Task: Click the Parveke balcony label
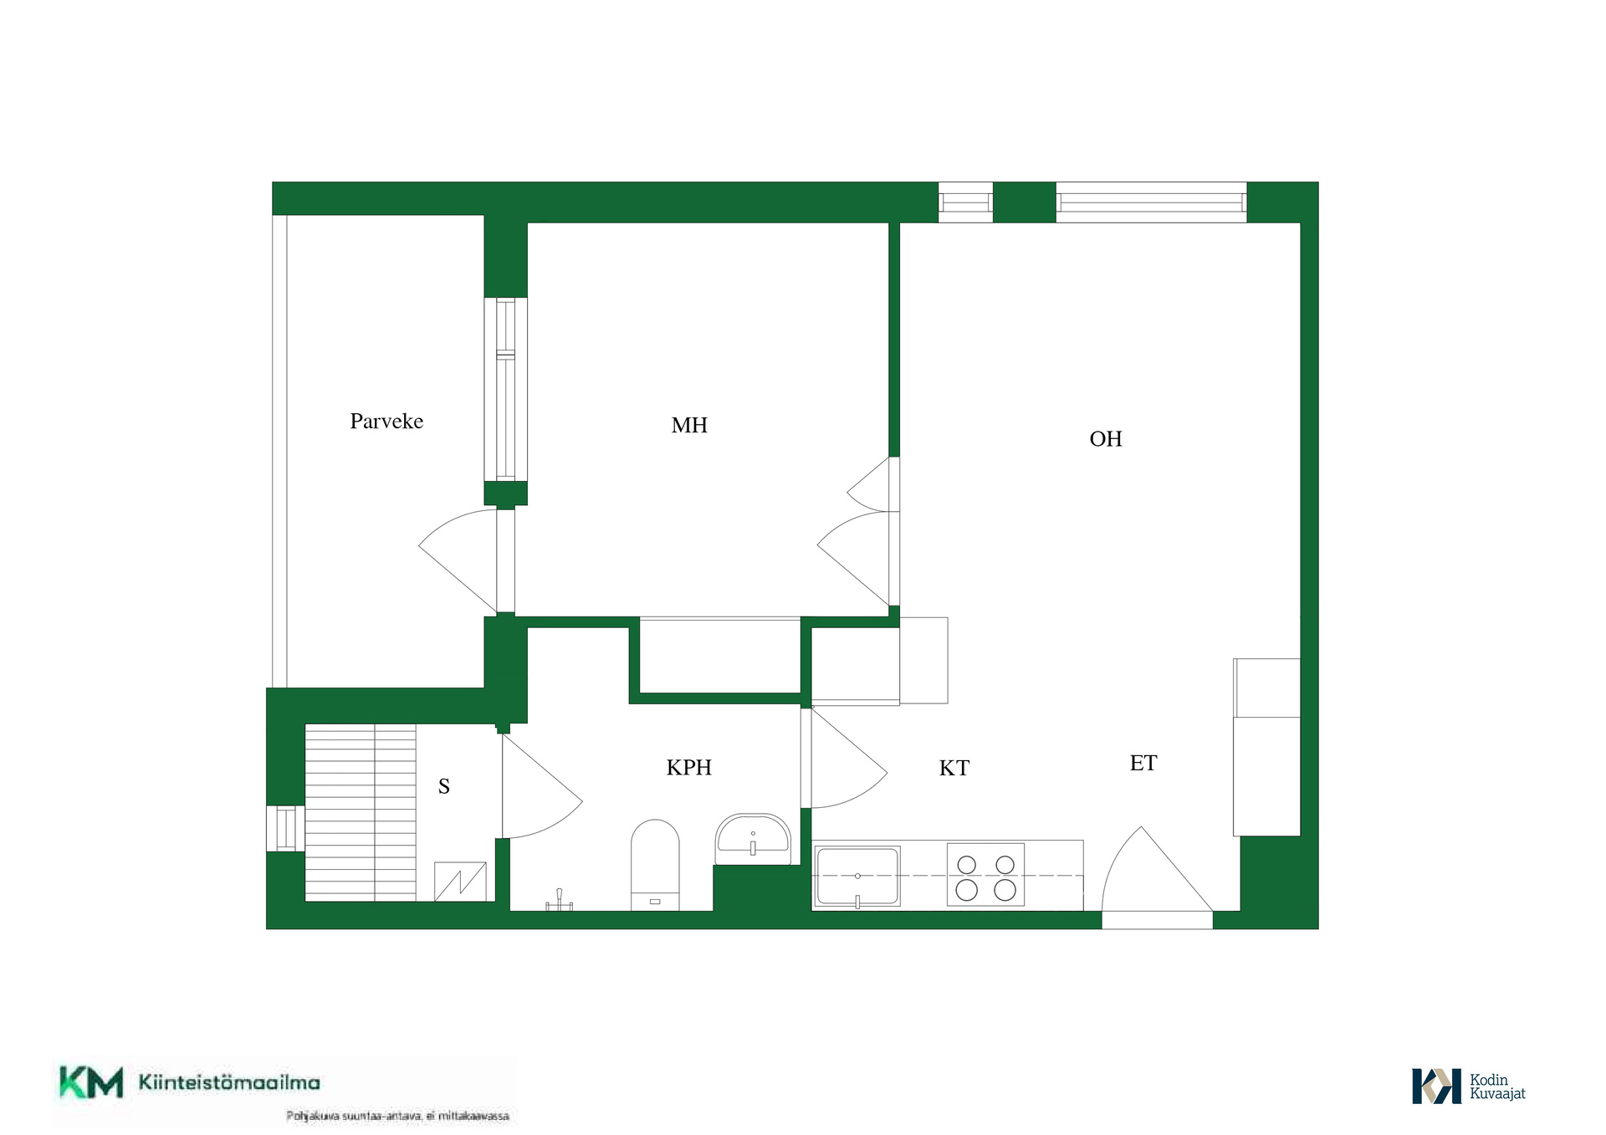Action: [x=386, y=422]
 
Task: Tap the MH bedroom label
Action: [x=689, y=426]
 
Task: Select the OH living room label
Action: [x=1106, y=439]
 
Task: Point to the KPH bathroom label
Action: [x=689, y=768]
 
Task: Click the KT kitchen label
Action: [x=954, y=769]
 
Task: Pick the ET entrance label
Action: [x=1143, y=764]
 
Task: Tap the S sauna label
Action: [x=444, y=786]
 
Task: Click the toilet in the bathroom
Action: [x=655, y=865]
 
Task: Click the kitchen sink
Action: [x=857, y=877]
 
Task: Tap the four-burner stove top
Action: [x=985, y=875]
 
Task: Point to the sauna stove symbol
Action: [x=460, y=882]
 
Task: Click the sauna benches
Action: [x=361, y=812]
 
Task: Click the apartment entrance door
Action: [x=1157, y=870]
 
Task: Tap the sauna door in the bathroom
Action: [x=542, y=786]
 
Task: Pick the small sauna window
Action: [x=285, y=828]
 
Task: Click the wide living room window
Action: [x=1151, y=202]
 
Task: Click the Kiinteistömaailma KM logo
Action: [x=189, y=1082]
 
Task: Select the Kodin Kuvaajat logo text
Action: [x=1497, y=1086]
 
